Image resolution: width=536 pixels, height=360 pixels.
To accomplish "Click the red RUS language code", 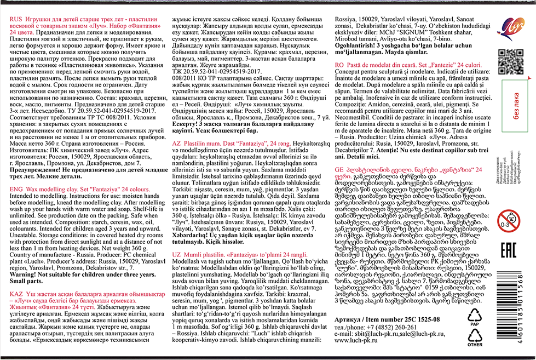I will point(17,19).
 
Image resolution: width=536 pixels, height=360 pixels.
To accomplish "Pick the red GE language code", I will point(340,169).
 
